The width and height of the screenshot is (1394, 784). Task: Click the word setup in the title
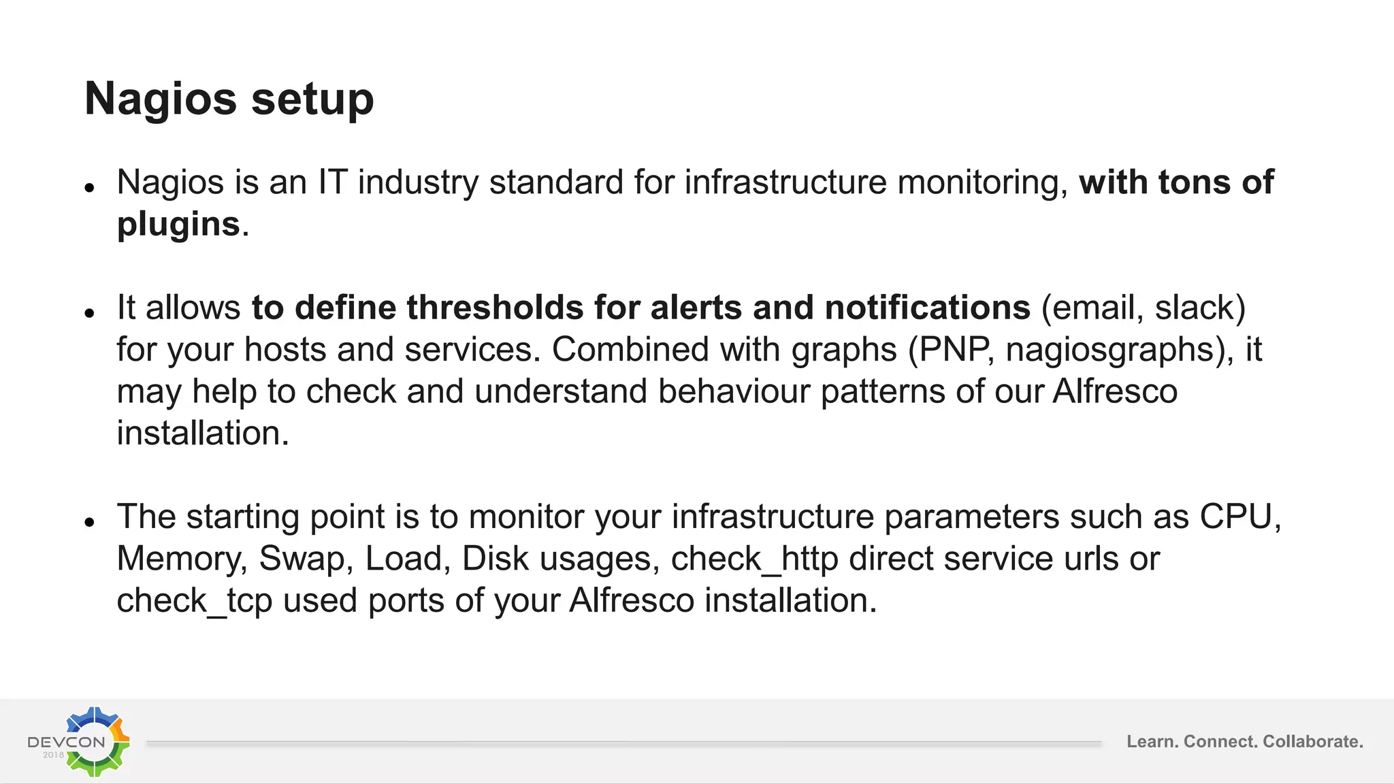[x=312, y=99]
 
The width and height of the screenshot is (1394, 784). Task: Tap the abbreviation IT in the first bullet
[x=333, y=182]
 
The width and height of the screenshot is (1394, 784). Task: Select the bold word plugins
[x=178, y=225]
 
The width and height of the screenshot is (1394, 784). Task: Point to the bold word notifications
[x=927, y=308]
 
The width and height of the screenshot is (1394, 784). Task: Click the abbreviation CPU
[x=1235, y=517]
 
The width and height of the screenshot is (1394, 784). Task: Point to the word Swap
[x=301, y=560]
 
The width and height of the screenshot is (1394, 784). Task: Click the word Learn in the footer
[x=1152, y=742]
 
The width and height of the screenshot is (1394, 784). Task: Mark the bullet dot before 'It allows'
[x=89, y=313]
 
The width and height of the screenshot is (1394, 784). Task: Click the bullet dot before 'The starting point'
[x=89, y=523]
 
